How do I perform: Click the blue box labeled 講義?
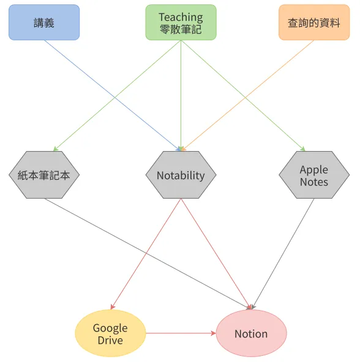44,23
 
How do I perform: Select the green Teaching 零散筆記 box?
181,23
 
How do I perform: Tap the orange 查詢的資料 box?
314,23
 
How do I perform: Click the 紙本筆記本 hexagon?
44,175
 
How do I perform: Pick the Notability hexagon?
181,175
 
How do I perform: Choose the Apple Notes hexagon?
314,175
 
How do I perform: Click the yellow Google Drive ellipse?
111,333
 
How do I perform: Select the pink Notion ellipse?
252,333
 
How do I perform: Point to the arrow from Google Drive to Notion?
181,333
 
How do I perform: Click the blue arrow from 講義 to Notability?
112,95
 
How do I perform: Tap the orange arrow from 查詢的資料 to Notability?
248,95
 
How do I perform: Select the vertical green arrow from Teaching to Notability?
181,95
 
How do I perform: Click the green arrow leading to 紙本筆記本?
117,95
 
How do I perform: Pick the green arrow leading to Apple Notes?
244,95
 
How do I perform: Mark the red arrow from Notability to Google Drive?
146,254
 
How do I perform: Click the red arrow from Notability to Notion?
216,254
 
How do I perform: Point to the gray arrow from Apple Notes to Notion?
283,254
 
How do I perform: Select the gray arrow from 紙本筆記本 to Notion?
148,254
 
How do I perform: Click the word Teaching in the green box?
181,17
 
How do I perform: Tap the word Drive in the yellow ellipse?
110,341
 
